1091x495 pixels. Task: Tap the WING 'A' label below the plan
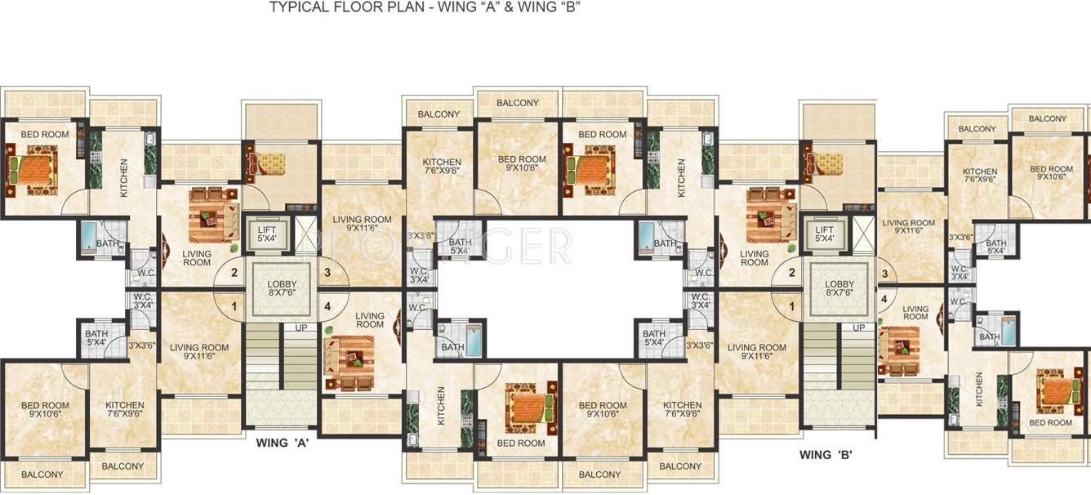[282, 444]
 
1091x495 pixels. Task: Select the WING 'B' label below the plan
[826, 454]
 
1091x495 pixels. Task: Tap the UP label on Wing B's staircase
[858, 328]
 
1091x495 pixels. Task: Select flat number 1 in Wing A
[234, 307]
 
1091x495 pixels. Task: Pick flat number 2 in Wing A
[234, 273]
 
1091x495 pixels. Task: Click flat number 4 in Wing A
[327, 307]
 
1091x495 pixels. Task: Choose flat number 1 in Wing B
[791, 307]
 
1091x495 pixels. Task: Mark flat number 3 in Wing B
[884, 273]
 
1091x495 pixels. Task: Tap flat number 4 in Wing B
[884, 299]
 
